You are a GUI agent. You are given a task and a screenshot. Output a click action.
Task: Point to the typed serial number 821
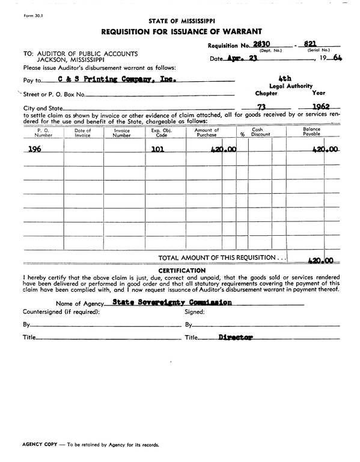tap(310, 44)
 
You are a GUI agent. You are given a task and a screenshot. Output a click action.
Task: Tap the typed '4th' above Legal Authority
tap(285, 79)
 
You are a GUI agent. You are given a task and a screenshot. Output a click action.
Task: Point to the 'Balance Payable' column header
tap(311, 132)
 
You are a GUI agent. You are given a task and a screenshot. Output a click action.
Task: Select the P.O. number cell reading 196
tap(35, 149)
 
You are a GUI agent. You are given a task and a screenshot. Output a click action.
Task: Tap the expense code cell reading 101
tap(157, 149)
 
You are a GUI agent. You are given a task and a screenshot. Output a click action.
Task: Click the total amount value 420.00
tap(320, 261)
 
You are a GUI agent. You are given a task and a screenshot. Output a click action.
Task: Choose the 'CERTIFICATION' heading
tap(181, 271)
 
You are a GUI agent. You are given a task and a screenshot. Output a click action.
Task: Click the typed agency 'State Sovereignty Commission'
tap(172, 303)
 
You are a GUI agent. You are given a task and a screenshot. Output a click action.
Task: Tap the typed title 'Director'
tap(236, 337)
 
